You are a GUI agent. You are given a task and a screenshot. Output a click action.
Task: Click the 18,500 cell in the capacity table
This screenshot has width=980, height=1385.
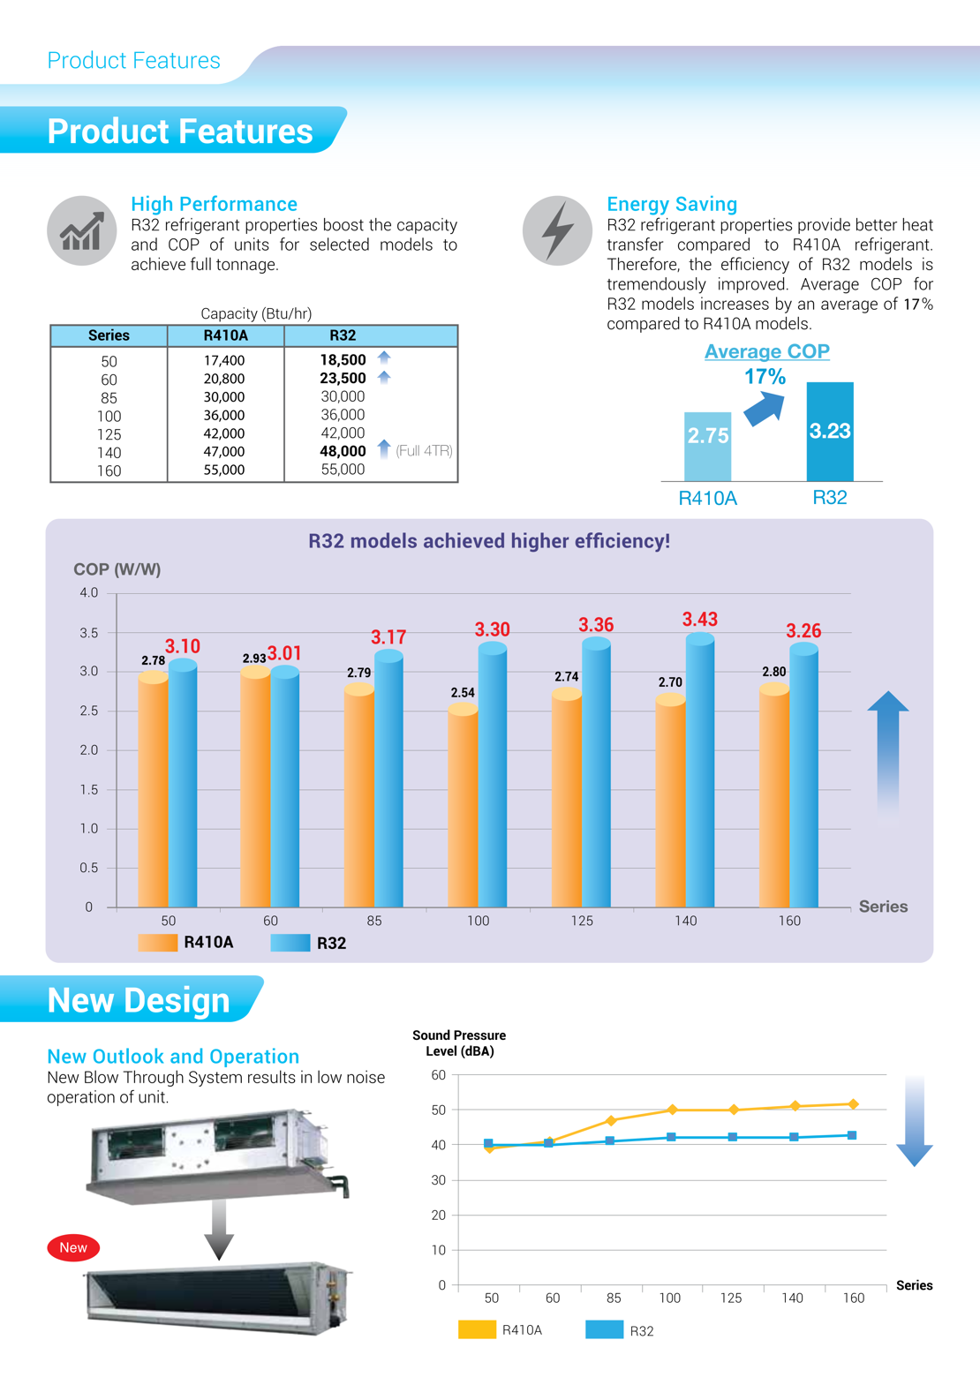pyautogui.click(x=343, y=360)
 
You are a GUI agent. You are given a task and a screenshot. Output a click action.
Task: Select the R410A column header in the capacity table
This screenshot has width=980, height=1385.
pyautogui.click(x=225, y=335)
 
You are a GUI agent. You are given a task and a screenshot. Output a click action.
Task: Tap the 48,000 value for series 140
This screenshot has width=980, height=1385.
pyautogui.click(x=343, y=451)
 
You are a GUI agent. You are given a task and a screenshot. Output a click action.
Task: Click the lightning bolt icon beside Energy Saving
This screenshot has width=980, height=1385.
pyautogui.click(x=557, y=230)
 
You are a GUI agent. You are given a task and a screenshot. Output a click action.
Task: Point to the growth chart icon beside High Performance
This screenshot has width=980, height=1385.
pyautogui.click(x=81, y=231)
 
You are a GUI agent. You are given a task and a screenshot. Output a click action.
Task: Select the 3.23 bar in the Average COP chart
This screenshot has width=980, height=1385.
pyautogui.click(x=830, y=432)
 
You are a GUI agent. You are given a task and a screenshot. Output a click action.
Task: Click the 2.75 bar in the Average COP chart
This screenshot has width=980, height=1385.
pyautogui.click(x=708, y=446)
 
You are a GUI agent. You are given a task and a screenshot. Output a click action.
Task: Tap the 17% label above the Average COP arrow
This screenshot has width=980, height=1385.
pyautogui.click(x=765, y=377)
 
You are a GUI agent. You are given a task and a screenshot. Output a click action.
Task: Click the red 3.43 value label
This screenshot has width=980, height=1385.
pyautogui.click(x=699, y=620)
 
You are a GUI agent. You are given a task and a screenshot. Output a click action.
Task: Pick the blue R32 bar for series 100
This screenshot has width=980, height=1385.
pyautogui.click(x=493, y=777)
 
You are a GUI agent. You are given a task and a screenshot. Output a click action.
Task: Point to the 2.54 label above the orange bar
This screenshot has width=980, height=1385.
pyautogui.click(x=463, y=693)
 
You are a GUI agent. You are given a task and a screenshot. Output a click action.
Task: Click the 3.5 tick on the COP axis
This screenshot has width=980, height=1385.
pyautogui.click(x=89, y=633)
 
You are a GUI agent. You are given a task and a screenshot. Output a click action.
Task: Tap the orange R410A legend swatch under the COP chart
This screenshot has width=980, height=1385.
pyautogui.click(x=158, y=943)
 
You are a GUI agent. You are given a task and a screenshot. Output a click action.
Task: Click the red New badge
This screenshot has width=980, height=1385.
pyautogui.click(x=73, y=1247)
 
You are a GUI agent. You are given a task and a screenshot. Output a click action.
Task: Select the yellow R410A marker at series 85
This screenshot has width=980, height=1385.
pyautogui.click(x=611, y=1120)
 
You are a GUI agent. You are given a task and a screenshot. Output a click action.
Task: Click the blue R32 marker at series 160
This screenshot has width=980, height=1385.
pyautogui.click(x=852, y=1135)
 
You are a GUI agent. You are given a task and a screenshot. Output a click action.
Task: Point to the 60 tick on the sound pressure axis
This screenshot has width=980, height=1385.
pyautogui.click(x=439, y=1075)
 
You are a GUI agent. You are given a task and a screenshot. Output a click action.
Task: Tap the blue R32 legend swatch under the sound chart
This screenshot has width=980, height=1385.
pyautogui.click(x=605, y=1329)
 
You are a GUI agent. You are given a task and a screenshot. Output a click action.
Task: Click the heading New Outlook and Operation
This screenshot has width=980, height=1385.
pyautogui.click(x=173, y=1057)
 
